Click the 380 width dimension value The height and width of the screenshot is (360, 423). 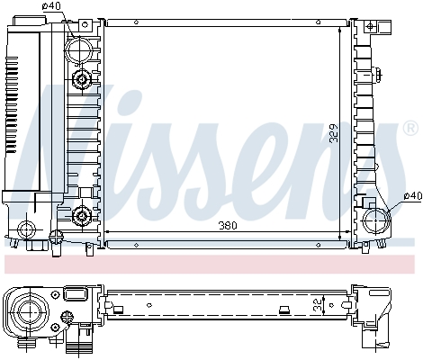pos(227,226)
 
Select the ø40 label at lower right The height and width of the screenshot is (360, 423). pos(411,195)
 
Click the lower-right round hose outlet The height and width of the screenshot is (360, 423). pos(375,219)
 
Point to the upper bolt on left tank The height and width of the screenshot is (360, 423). pos(83,81)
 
